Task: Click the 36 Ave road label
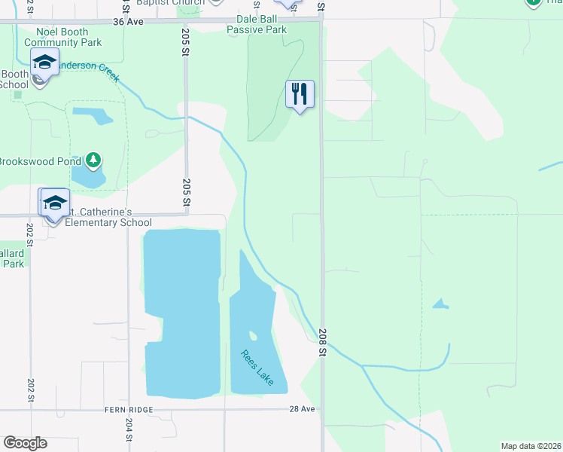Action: (128, 22)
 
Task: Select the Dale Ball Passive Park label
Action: (257, 24)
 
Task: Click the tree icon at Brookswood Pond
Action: (93, 160)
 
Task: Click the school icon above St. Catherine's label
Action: (54, 203)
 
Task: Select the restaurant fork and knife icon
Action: (300, 95)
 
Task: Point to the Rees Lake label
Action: (257, 368)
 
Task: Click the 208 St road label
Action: (322, 342)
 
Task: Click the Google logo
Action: (25, 443)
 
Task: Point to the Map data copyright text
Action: (531, 445)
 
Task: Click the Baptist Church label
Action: (170, 3)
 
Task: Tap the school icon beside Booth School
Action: (45, 65)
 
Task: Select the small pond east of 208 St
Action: (440, 304)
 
